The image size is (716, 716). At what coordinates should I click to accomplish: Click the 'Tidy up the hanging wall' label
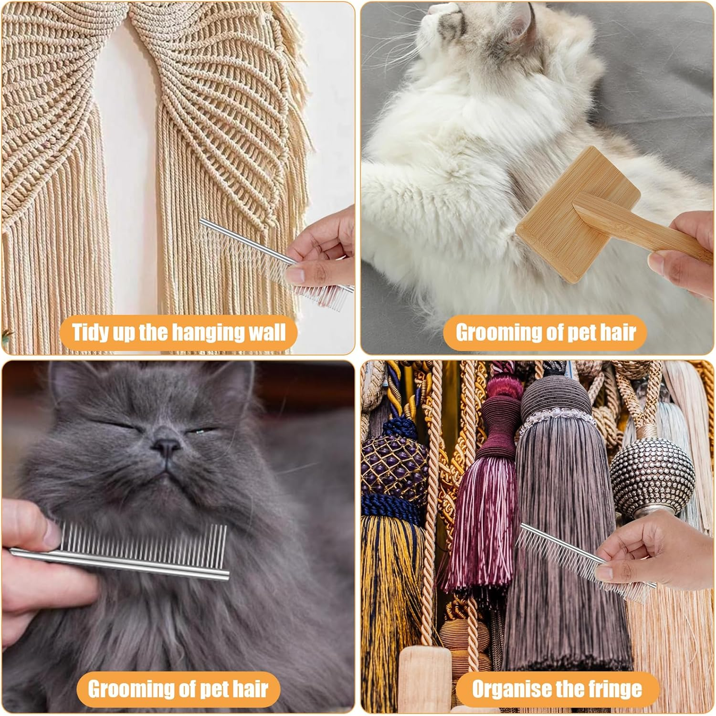[x=179, y=332]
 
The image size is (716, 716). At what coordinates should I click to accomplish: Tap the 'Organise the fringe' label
[x=557, y=689]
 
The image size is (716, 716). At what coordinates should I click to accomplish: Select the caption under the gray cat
[x=178, y=689]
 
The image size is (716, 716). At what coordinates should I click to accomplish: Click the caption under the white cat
[x=546, y=332]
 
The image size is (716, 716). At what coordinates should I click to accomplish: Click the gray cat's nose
[x=166, y=447]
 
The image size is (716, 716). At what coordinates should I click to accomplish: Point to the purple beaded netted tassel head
[x=391, y=458]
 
